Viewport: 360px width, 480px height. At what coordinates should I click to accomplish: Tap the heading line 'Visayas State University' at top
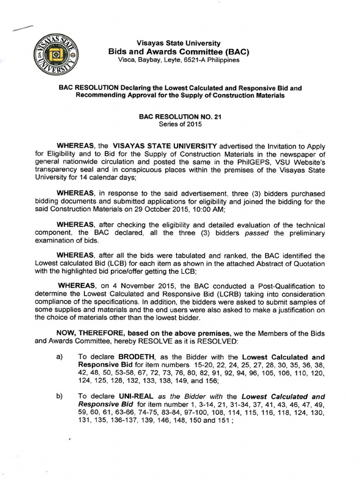click(x=175, y=43)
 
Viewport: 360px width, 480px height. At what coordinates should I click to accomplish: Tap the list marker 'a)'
click(x=60, y=357)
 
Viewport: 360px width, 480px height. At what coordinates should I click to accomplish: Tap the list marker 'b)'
click(x=60, y=396)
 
